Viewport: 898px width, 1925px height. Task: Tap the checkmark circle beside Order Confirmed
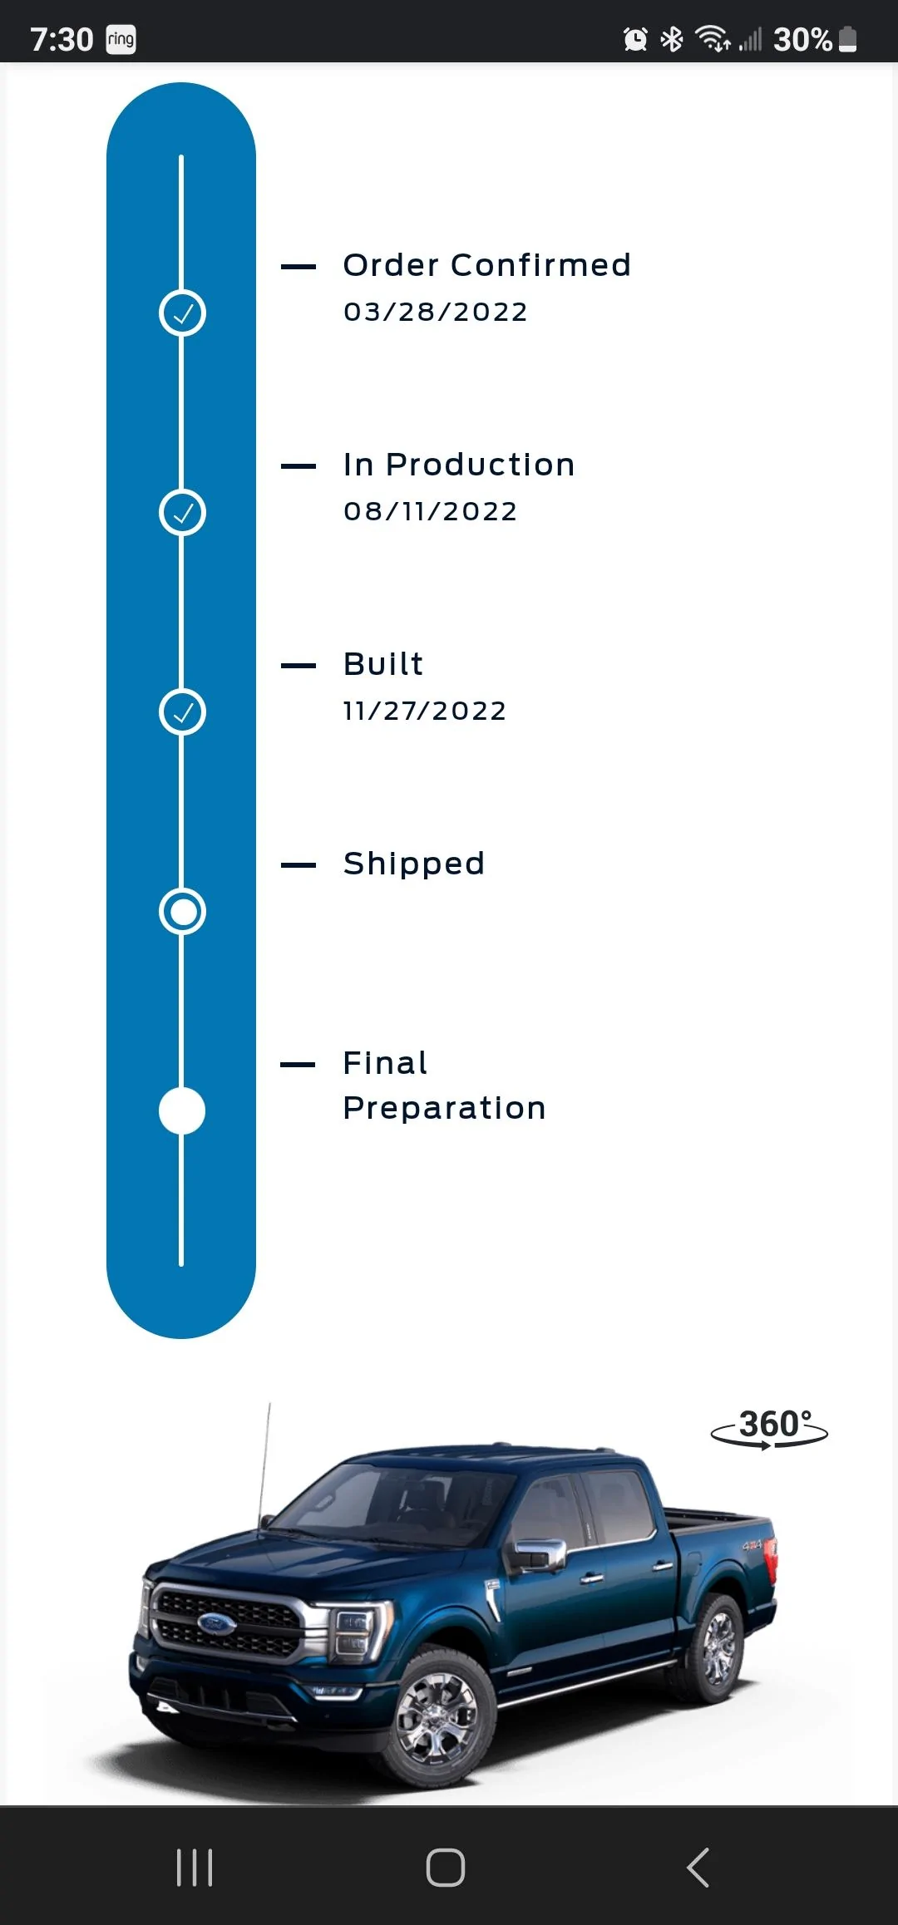click(182, 313)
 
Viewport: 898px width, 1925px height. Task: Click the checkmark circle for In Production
click(182, 513)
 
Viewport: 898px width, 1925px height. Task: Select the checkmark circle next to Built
click(182, 712)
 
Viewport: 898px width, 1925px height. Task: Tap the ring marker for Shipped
click(182, 912)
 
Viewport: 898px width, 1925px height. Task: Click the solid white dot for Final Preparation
click(182, 1111)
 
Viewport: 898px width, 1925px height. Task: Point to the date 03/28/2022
click(436, 312)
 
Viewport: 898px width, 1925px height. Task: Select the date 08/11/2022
click(431, 511)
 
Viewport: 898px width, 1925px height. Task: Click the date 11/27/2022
click(425, 711)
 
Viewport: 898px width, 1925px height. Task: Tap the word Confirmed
click(540, 265)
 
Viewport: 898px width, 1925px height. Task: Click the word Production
click(480, 465)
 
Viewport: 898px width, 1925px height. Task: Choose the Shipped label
click(413, 864)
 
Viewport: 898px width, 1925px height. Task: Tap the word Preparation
click(444, 1108)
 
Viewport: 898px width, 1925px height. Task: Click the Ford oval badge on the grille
click(217, 1623)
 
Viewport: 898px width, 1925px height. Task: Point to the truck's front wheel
click(437, 1716)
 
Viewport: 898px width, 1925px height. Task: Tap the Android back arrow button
click(698, 1868)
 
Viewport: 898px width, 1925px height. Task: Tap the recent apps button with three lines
click(195, 1868)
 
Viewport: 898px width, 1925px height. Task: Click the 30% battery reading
click(802, 39)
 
